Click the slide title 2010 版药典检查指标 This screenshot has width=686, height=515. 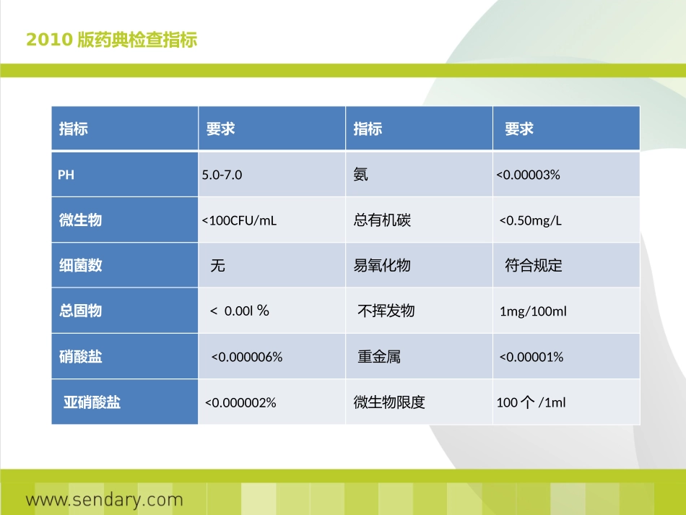112,39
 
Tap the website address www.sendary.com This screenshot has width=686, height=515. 105,499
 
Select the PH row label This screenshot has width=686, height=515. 66,175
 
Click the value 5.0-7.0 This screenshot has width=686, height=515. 222,175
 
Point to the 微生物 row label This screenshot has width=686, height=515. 80,220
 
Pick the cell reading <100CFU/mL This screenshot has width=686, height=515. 239,220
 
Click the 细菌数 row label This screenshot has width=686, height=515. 80,266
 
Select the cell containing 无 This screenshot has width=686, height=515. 217,266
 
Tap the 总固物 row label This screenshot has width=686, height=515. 80,311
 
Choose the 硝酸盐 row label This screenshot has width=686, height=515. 80,357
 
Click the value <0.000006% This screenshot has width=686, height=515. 246,357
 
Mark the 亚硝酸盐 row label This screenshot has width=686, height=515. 92,402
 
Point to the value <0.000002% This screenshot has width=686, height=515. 240,402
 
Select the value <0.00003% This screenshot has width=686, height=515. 528,175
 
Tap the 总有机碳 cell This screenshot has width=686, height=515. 382,220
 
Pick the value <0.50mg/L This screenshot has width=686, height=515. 531,220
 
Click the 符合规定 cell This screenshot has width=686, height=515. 533,266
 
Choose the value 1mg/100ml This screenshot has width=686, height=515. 533,311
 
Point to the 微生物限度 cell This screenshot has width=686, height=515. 389,402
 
